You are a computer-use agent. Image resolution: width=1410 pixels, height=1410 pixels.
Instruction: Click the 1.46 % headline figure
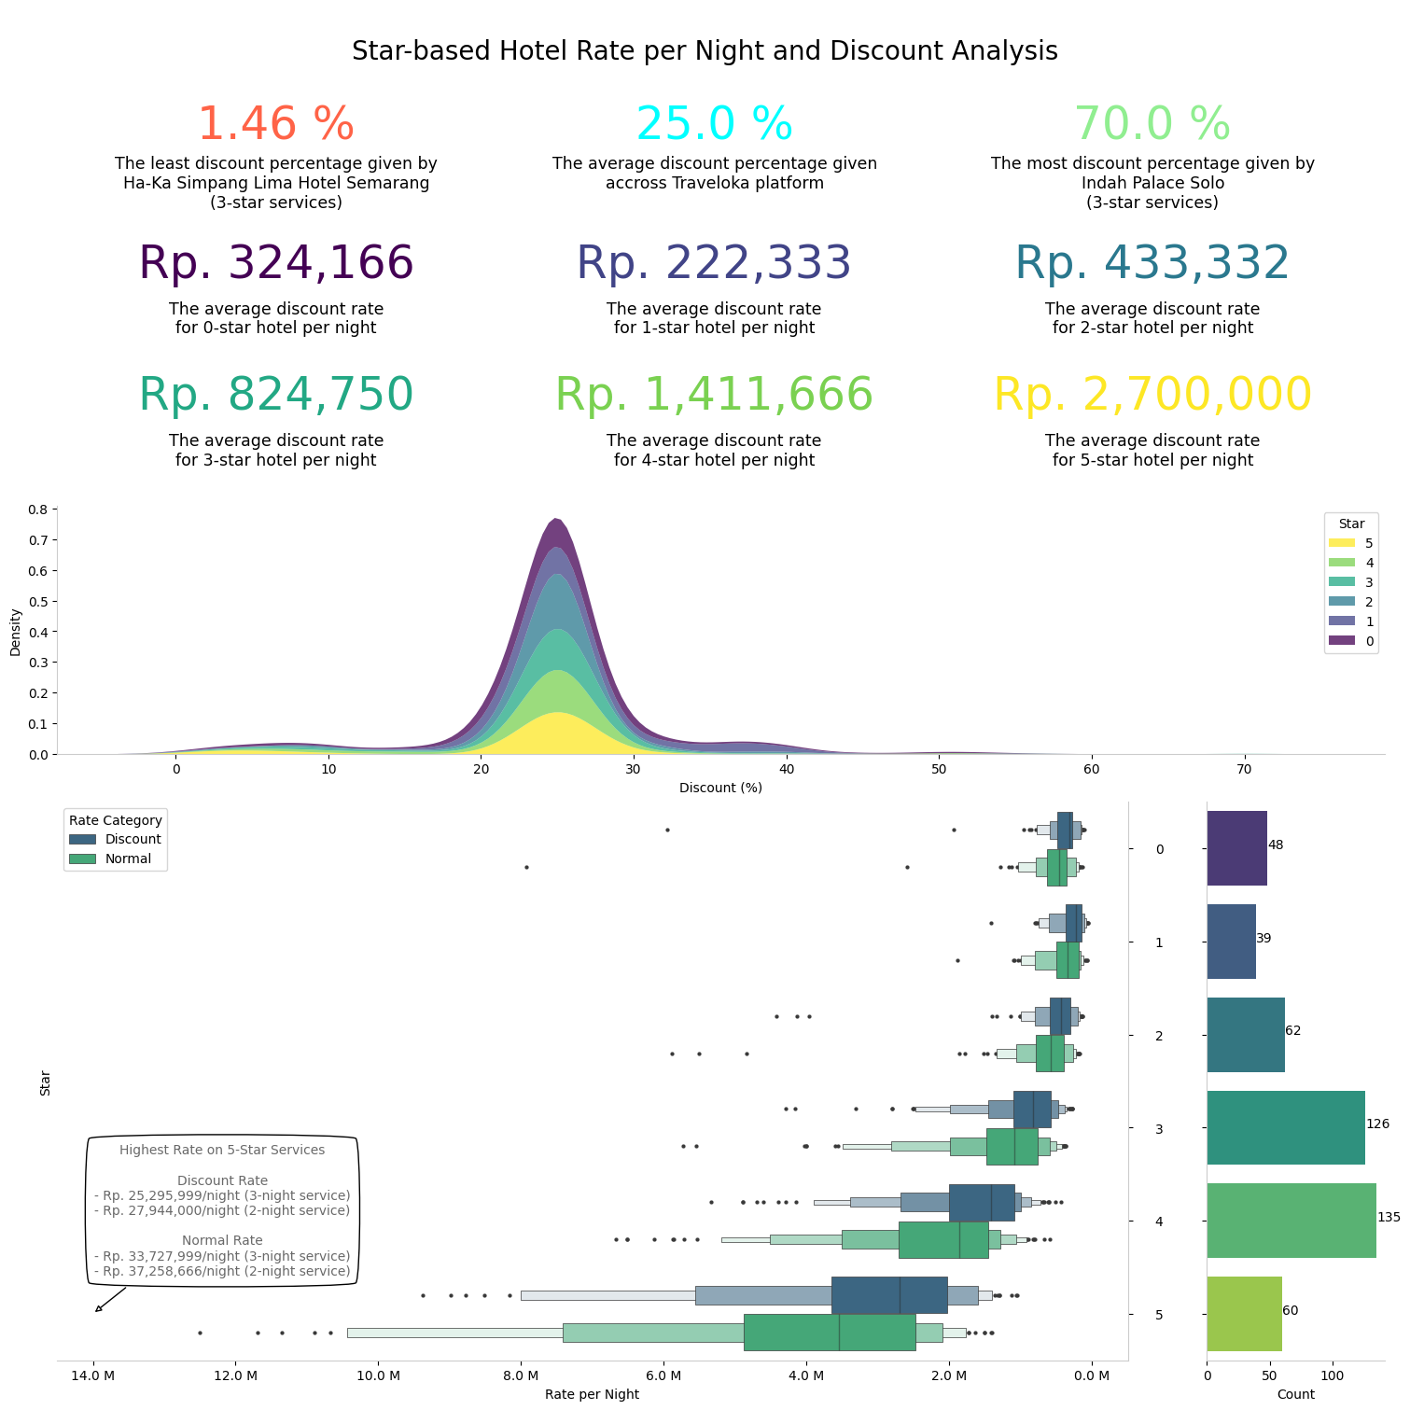coord(275,124)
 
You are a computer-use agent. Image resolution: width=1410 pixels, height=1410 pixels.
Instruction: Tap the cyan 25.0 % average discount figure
coord(714,124)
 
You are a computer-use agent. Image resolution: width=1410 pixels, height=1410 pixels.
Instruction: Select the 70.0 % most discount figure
coord(1152,124)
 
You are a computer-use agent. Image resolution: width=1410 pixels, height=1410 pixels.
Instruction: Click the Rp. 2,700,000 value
coord(1152,395)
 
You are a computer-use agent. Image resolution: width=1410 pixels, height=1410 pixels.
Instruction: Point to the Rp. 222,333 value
coord(714,263)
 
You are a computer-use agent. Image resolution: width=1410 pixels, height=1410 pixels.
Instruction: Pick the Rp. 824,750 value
coord(275,395)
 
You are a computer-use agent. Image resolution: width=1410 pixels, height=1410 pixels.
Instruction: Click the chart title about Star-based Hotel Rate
coord(705,51)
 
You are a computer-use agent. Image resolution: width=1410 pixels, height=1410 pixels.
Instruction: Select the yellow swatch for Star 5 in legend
coord(1341,543)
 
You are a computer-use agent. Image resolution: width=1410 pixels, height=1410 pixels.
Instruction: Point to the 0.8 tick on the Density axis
coord(37,510)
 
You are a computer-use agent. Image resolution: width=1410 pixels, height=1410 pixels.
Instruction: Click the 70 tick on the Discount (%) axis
coord(1244,769)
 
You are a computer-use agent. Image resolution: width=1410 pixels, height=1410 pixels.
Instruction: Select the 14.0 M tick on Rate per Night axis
coord(92,1375)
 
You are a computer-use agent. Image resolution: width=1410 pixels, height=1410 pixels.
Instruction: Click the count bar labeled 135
coord(1291,1221)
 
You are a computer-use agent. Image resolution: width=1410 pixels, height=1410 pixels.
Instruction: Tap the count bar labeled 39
coord(1231,942)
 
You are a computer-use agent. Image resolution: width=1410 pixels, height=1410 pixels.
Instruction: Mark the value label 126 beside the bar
coord(1377,1124)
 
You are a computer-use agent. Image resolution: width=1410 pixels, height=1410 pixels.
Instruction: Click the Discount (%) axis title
coord(720,788)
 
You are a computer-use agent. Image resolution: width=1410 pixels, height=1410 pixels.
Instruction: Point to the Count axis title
coord(1295,1394)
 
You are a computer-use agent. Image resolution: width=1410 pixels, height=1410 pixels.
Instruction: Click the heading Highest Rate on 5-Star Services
coord(222,1150)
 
